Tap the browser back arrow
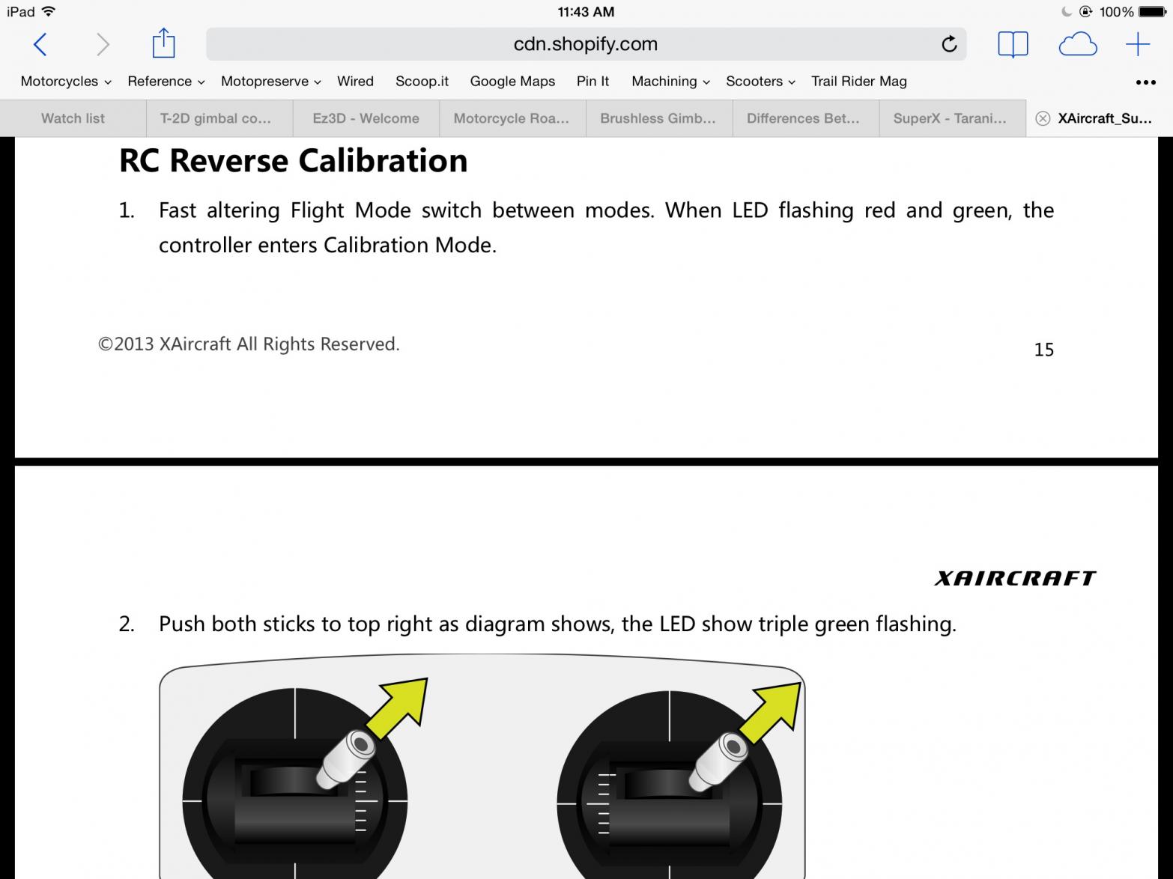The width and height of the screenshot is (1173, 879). [x=40, y=44]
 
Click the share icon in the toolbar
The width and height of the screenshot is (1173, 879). [x=163, y=43]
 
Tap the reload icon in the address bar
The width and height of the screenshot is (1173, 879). [x=949, y=43]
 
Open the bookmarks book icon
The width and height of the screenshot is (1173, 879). [x=1013, y=44]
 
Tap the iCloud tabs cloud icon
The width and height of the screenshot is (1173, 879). [x=1078, y=44]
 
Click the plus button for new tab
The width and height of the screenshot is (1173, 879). [x=1138, y=44]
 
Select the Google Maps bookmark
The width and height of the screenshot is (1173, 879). [x=512, y=81]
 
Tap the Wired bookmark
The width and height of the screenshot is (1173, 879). [x=355, y=81]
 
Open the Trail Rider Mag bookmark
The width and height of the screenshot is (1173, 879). [x=858, y=81]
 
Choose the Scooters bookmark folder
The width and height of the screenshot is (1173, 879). [x=760, y=81]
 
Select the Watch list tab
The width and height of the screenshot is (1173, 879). [x=73, y=118]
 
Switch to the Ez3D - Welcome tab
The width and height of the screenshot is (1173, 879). [x=366, y=118]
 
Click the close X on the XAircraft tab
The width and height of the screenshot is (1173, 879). [x=1043, y=118]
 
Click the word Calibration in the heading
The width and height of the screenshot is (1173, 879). [x=383, y=161]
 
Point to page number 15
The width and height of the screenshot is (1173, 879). [x=1043, y=350]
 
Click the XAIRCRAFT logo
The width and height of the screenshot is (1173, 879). [x=1016, y=578]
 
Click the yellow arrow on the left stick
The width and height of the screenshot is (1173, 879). [x=400, y=707]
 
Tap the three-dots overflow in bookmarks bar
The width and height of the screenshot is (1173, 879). [x=1146, y=82]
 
